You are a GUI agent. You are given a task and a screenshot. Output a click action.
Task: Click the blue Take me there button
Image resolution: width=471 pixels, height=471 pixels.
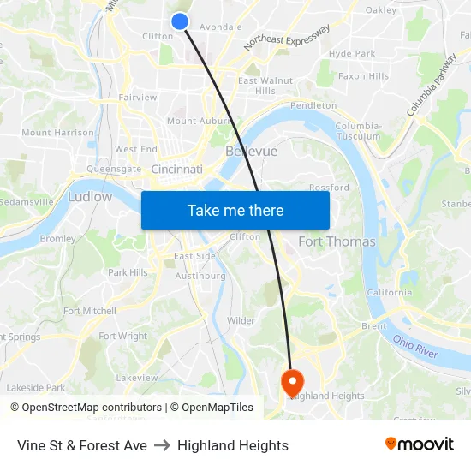coord(235,211)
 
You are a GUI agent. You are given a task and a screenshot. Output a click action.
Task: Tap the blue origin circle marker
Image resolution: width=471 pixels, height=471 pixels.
coord(180,21)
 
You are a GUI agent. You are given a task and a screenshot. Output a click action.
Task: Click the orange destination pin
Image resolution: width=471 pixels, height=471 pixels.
coord(292,381)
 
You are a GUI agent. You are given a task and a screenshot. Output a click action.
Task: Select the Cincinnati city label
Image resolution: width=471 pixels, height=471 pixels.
coord(176,170)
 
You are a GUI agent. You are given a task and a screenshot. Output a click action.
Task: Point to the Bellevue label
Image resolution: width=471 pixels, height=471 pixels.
coord(251,151)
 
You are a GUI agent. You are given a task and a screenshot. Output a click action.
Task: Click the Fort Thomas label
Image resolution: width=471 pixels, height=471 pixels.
coord(337,241)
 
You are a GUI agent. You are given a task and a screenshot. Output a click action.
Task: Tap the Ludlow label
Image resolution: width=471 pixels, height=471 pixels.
coord(90,197)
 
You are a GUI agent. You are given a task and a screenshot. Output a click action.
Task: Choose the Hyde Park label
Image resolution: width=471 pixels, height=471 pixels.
coord(352,53)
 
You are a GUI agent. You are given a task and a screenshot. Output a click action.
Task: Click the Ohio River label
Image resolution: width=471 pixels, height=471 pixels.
coord(415,347)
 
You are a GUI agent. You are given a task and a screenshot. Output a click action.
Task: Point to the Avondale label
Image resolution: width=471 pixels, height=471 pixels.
coord(220,27)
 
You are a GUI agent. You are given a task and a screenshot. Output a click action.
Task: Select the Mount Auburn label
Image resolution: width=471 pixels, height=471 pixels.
coord(194,122)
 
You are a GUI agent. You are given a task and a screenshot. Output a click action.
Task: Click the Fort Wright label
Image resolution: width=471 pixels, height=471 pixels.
coord(122,337)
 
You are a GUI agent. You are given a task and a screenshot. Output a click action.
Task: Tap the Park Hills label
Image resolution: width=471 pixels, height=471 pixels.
coord(128,272)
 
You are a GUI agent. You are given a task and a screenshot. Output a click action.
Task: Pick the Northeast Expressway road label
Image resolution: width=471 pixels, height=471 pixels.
coord(286,37)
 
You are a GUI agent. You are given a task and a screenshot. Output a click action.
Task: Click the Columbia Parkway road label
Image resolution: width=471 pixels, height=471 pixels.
coord(432,86)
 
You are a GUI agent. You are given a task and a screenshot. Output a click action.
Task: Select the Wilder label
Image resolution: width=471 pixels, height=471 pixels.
coord(241,321)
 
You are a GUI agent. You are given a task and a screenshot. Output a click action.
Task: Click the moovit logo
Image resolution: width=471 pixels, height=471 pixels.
coord(420,444)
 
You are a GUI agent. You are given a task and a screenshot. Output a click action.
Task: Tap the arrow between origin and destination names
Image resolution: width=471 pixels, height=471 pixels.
coord(162,445)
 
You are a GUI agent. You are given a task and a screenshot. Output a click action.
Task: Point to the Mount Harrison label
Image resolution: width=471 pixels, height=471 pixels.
coord(57,133)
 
